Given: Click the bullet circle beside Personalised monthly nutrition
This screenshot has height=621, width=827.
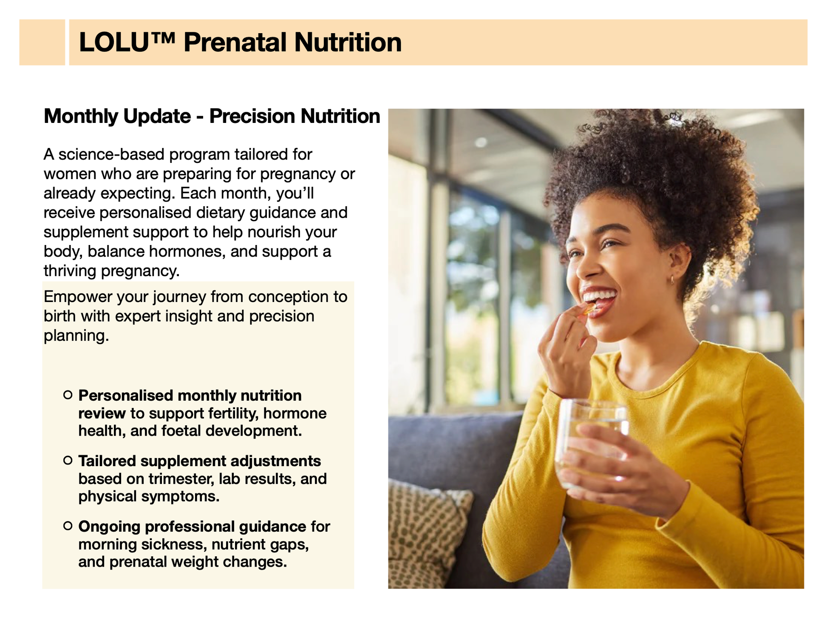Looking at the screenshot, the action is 68,395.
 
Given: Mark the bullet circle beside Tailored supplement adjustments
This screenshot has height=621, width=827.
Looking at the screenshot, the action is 68,460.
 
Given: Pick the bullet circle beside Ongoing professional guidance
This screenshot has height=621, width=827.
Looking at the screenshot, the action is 68,526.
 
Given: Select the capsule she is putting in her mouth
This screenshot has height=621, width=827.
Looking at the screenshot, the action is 589,309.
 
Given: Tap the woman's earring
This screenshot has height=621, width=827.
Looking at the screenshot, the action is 672,280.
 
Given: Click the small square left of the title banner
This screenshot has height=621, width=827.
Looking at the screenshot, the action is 42,42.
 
